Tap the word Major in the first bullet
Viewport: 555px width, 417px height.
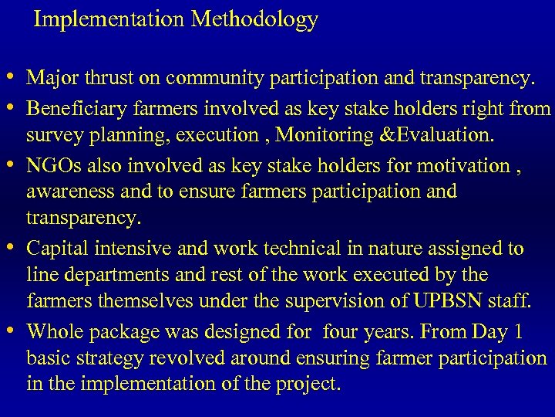[49, 78]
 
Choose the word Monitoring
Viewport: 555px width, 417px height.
[323, 135]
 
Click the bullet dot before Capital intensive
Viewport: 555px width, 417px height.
[15, 248]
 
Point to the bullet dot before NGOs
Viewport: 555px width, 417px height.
[15, 164]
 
